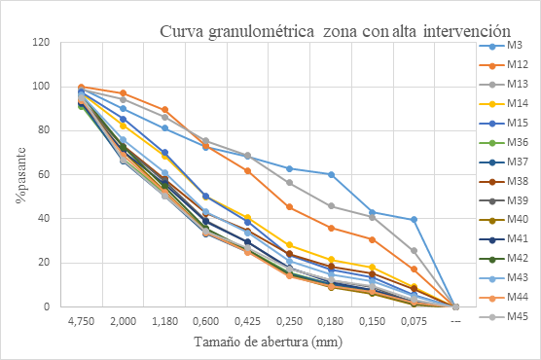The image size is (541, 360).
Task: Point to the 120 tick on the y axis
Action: pos(41,43)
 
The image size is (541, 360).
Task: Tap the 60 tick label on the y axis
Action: pos(44,175)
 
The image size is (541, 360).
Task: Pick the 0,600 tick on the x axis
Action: pos(205,320)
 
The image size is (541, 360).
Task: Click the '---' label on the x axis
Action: pos(455,320)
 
